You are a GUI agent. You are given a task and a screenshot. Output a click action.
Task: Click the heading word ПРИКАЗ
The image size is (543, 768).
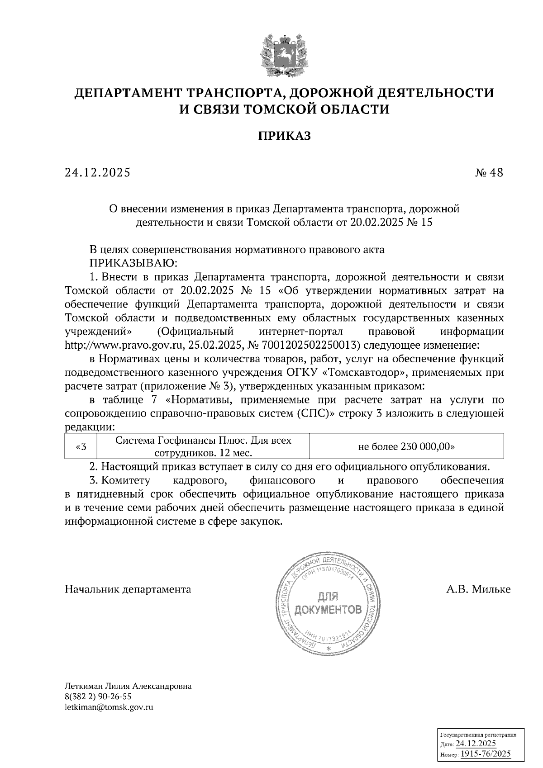point(285,136)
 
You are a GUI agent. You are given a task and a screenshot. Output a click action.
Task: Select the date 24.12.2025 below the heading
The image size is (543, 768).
point(97,173)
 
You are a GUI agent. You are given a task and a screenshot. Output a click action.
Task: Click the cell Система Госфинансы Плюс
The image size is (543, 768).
point(204,446)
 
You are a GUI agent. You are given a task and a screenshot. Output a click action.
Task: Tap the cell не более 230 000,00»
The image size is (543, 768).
point(406,446)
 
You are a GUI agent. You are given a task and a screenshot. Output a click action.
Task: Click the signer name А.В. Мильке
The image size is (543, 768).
point(478,589)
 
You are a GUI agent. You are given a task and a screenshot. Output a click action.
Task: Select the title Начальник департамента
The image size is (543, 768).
point(128,589)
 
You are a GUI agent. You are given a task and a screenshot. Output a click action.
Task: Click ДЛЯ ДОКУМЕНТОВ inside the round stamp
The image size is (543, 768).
point(328,604)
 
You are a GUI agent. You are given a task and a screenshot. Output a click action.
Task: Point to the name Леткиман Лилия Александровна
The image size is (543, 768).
point(129,686)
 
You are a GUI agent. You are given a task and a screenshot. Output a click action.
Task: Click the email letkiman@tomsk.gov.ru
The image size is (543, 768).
point(109,707)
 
